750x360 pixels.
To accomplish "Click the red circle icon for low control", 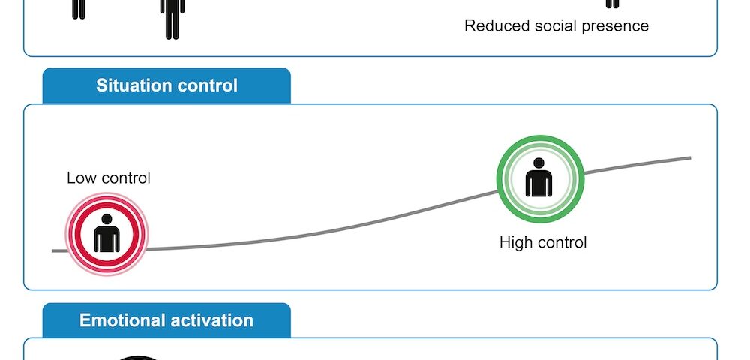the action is click(x=106, y=234).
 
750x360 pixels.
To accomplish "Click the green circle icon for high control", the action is click(x=541, y=178).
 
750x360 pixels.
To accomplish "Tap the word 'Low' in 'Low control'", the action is click(x=77, y=178).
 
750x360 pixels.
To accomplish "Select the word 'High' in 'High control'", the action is click(x=515, y=242).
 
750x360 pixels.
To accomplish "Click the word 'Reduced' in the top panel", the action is click(x=497, y=25).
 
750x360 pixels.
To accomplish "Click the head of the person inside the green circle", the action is click(x=538, y=164).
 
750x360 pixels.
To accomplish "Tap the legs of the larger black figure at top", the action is click(x=172, y=25).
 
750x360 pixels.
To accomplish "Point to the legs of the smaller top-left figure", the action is click(x=79, y=10).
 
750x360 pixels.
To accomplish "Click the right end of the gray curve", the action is click(x=690, y=157).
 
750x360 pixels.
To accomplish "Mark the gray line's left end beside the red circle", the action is click(x=53, y=250).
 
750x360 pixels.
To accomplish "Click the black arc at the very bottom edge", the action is click(x=138, y=358).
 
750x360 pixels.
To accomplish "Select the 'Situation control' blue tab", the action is click(x=166, y=85).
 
